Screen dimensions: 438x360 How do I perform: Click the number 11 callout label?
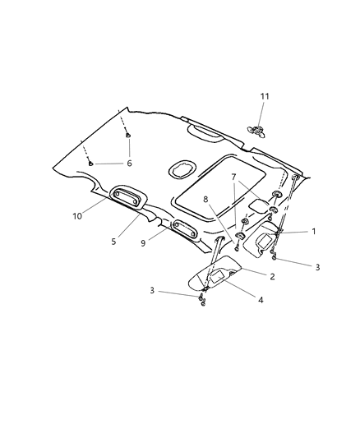point(264,98)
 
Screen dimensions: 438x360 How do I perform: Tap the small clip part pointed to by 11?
point(256,129)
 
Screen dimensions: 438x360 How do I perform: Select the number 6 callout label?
point(128,163)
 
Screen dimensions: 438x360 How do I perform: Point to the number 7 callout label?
point(234,177)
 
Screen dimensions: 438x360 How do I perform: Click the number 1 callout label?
point(313,232)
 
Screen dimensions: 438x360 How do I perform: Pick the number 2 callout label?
point(273,276)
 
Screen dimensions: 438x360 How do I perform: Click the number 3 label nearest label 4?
point(152,290)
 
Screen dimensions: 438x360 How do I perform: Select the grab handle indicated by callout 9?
point(182,228)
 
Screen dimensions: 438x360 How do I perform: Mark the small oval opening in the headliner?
point(179,170)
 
